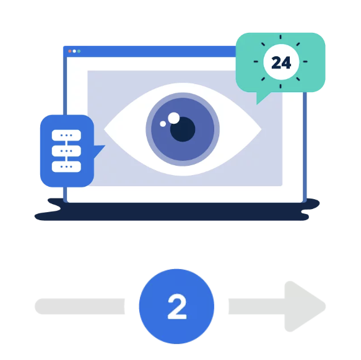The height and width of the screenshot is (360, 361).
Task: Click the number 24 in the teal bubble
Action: point(281,62)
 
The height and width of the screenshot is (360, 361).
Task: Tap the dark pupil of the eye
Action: point(183,129)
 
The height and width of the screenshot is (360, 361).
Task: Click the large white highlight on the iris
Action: point(174,118)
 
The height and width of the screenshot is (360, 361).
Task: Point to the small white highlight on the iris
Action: point(163,124)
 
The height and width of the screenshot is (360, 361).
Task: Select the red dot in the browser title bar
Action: point(70,51)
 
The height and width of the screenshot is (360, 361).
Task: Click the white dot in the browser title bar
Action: point(74,51)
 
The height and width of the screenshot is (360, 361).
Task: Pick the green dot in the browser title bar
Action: point(79,51)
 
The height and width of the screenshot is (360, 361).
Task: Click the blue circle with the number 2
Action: point(176,306)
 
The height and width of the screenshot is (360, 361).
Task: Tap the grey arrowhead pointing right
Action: point(304,306)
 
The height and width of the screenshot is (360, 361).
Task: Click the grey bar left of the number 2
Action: point(80,306)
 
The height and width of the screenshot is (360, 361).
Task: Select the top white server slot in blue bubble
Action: point(66,135)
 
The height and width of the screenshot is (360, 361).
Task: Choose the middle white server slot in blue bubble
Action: point(66,151)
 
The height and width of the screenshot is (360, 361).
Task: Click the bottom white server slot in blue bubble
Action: point(66,166)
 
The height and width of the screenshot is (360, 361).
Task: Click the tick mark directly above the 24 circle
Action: point(281,37)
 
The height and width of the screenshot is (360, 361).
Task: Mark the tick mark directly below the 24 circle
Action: point(281,86)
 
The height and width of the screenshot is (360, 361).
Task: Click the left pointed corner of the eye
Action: point(104,129)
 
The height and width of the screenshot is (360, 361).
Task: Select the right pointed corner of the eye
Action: point(261,130)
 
